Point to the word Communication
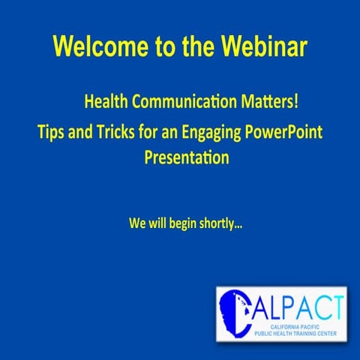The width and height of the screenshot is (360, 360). click(184, 100)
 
